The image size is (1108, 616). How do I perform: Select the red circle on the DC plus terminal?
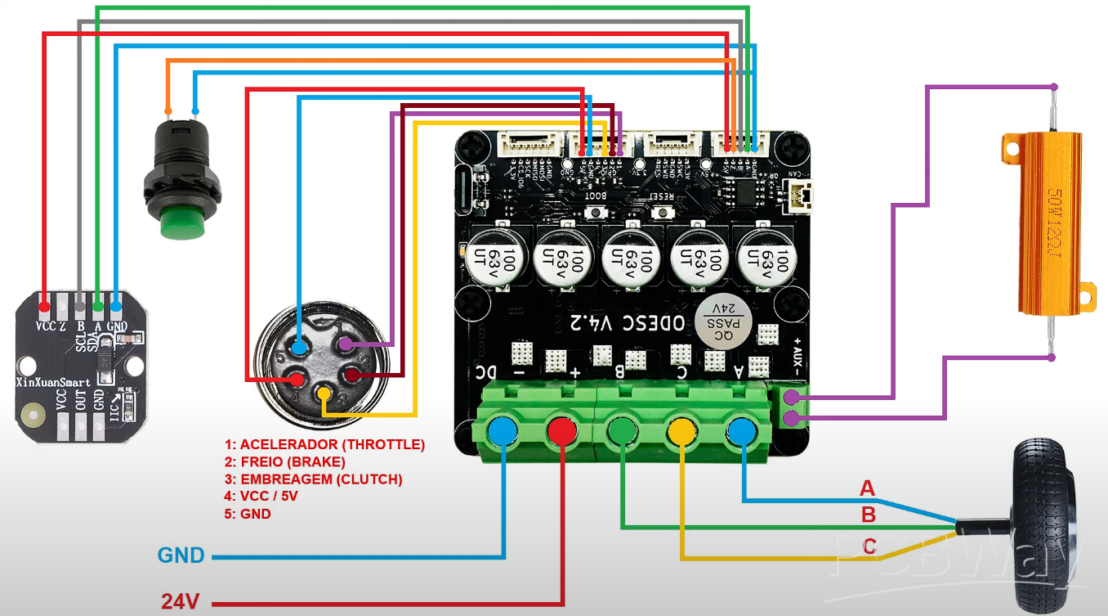click(562, 430)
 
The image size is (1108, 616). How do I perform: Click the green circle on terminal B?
click(623, 430)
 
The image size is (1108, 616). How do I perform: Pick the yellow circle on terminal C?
click(681, 430)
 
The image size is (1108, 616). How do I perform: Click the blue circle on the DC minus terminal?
click(502, 430)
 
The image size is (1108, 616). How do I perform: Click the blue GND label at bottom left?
click(181, 556)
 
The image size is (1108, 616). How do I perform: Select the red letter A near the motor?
click(867, 488)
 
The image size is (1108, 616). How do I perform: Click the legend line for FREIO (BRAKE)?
click(284, 462)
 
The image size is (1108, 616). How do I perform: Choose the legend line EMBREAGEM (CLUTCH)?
click(313, 479)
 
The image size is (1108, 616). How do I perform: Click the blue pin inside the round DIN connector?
click(300, 348)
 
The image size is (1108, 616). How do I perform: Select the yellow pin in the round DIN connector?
click(324, 395)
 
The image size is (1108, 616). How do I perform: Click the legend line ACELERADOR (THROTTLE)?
click(324, 445)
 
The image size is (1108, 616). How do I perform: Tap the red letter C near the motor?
click(869, 546)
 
